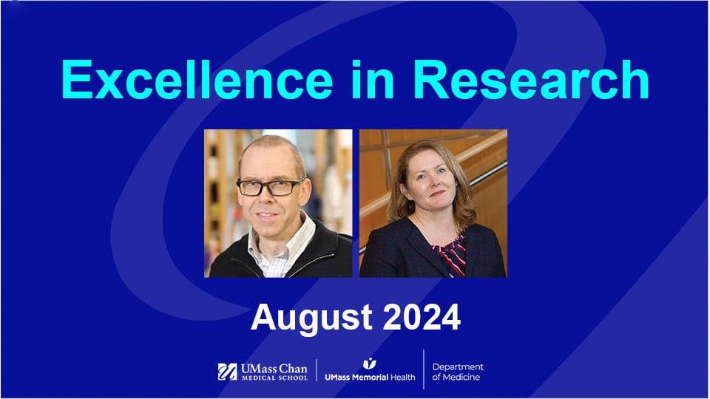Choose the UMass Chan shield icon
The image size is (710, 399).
[x=227, y=372]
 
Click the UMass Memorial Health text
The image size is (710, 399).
[x=370, y=377]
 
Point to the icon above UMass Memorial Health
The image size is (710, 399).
[x=369, y=364]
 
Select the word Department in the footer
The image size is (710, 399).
[x=458, y=366]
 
